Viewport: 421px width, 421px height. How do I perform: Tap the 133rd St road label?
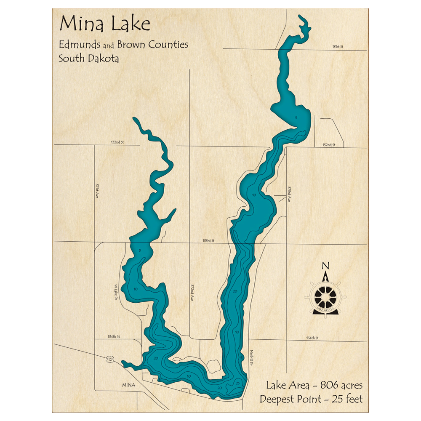(208, 241)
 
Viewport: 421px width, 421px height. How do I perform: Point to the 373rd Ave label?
(289, 195)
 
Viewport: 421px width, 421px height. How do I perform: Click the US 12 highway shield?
(110, 359)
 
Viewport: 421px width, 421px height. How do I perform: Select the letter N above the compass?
(325, 266)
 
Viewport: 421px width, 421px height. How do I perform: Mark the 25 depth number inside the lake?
(238, 383)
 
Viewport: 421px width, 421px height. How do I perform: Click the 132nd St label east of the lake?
(328, 145)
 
